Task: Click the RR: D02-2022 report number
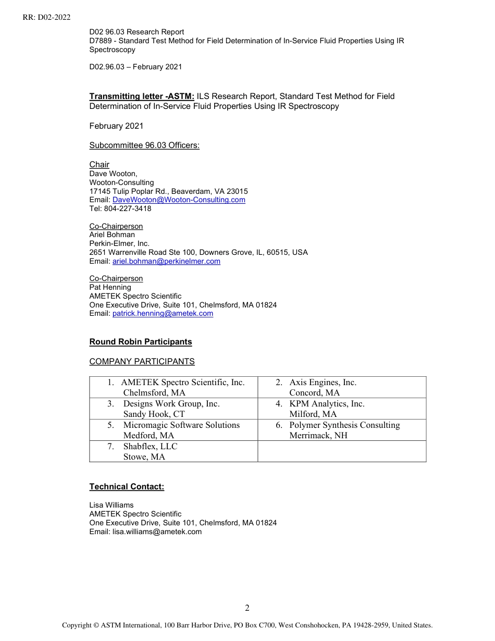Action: point(46,17)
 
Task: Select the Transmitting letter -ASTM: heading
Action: point(142,96)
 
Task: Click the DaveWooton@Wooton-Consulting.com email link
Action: point(179,200)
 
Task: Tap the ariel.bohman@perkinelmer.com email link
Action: point(166,262)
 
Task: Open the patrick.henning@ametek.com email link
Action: point(163,314)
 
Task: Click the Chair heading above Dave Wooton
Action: point(99,165)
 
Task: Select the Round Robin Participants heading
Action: point(141,342)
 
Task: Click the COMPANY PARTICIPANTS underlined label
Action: point(142,362)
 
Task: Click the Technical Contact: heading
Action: point(127,487)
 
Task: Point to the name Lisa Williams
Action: point(112,505)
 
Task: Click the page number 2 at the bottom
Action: point(247,608)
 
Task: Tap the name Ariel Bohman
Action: point(112,235)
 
